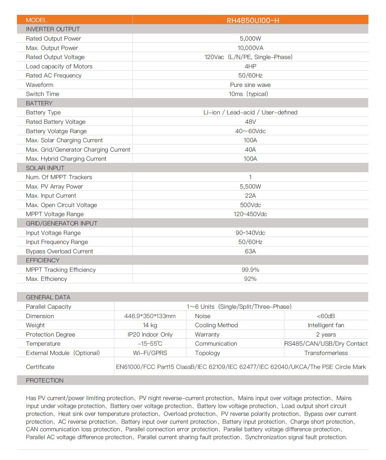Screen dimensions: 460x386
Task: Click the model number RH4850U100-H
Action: [x=253, y=20]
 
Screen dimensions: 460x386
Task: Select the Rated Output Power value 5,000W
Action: [x=250, y=38]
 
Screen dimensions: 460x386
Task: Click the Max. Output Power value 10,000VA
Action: [x=250, y=48]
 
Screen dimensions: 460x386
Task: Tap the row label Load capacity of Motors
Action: [x=59, y=66]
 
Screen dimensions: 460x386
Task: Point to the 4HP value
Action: [x=250, y=66]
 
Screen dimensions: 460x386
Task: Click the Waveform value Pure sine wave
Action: [x=250, y=85]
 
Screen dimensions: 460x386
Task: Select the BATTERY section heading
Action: [x=39, y=103]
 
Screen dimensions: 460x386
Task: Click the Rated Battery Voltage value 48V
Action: [x=250, y=122]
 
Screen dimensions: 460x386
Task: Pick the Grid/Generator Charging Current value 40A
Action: [x=250, y=149]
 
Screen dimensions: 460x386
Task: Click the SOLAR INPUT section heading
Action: [x=45, y=168]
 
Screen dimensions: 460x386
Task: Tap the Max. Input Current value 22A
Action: [x=250, y=195]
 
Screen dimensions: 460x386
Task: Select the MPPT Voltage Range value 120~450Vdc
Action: [x=250, y=214]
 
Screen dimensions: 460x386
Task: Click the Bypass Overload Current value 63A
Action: [x=250, y=251]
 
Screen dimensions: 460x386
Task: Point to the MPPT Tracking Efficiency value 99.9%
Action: [x=250, y=270]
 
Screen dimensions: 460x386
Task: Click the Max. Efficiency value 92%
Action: [x=250, y=279]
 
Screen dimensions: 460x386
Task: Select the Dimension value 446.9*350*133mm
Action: [x=150, y=316]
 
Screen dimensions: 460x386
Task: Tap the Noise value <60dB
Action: [x=326, y=316]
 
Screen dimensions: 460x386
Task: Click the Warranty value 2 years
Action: [x=326, y=334]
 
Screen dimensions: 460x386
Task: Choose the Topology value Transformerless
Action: [x=326, y=353]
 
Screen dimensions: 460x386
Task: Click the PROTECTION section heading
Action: [x=45, y=380]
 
